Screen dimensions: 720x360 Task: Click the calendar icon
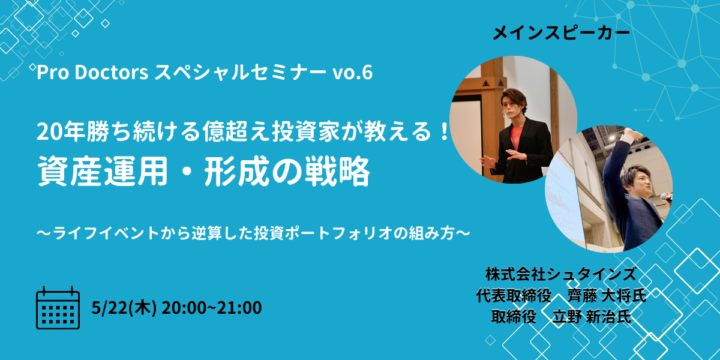click(58, 308)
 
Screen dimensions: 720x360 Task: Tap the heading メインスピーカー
click(561, 34)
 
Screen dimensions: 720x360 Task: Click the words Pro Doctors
click(92, 73)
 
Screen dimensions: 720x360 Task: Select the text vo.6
click(353, 73)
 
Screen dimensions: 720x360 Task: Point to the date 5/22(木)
click(124, 308)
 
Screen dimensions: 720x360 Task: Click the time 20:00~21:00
click(211, 308)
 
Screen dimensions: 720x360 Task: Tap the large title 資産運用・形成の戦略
click(204, 172)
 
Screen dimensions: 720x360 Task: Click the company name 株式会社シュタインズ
click(561, 274)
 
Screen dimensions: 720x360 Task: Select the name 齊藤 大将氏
click(607, 296)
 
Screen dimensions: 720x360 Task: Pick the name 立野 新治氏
click(592, 317)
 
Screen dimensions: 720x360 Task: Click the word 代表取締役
click(514, 296)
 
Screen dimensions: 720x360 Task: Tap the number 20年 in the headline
click(61, 132)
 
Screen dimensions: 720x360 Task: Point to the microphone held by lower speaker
click(666, 197)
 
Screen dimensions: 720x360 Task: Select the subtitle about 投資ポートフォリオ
click(253, 233)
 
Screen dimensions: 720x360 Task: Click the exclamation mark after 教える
click(445, 132)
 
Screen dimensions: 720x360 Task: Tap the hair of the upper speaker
click(514, 97)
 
